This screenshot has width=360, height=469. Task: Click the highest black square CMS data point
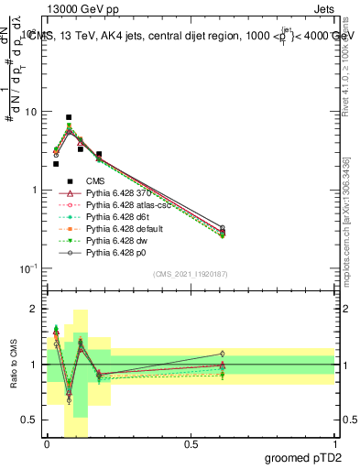(x=69, y=117)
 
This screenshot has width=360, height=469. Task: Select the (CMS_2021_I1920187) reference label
(x=191, y=274)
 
